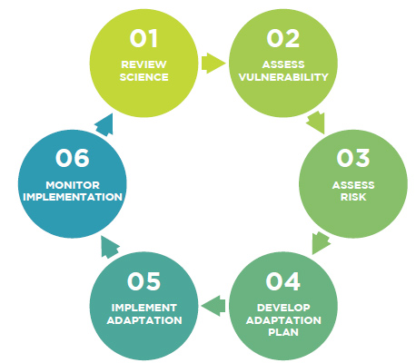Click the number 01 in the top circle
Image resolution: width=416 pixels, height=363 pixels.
coord(144,39)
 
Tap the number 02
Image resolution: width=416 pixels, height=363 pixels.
coord(283,39)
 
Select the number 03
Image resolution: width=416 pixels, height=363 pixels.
coord(353,158)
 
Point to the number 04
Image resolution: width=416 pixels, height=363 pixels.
coord(282,281)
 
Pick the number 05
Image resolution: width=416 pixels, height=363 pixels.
coord(144,281)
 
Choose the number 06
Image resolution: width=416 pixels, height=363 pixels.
coord(73,158)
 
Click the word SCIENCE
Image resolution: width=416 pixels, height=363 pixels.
coord(144,77)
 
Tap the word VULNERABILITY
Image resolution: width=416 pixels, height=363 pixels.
coord(283,77)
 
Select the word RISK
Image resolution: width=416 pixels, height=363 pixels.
coord(353,197)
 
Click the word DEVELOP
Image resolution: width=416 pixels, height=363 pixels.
coord(283,308)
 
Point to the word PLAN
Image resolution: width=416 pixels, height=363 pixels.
coord(283,332)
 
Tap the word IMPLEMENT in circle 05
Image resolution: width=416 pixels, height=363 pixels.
coord(144,308)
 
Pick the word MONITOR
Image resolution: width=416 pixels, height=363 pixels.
coord(73,185)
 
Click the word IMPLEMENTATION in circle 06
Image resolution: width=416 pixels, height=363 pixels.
coord(73,197)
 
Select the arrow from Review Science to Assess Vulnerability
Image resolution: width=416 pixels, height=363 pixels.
coord(213,63)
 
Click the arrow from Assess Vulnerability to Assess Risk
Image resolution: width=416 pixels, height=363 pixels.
coord(316,122)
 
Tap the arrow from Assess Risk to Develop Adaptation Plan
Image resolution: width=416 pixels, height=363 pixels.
coord(321,242)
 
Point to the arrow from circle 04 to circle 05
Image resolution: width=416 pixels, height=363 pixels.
coord(213,306)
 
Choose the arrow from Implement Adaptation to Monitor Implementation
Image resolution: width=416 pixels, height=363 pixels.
coord(110,247)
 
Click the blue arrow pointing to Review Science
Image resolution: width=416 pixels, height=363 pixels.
coord(104,125)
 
